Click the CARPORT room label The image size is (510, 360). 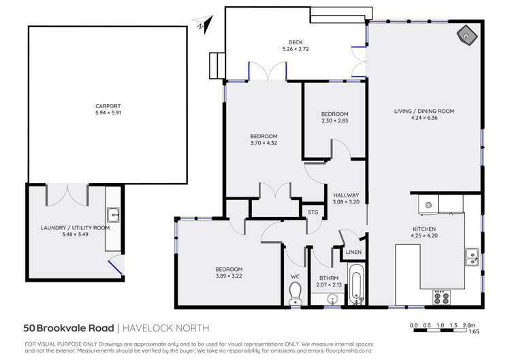pos(108,106)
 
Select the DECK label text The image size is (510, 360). pos(296,42)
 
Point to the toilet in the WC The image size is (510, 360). pos(296,293)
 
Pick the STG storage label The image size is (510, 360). pos(313,212)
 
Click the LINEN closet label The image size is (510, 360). pos(353,252)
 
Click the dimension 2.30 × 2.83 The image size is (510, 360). pos(334,121)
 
